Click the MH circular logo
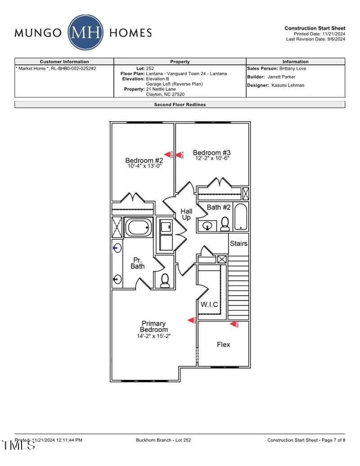click(x=85, y=32)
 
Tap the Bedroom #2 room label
click(x=144, y=161)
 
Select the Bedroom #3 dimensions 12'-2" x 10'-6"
click(x=212, y=158)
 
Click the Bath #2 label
click(x=219, y=207)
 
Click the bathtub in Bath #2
click(x=240, y=217)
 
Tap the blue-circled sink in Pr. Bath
click(x=117, y=248)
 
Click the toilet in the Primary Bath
click(x=165, y=281)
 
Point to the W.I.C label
click(x=209, y=305)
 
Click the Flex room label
click(x=223, y=344)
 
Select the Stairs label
click(x=238, y=244)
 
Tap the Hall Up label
click(x=186, y=214)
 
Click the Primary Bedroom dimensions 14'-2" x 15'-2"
click(x=154, y=336)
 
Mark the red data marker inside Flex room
click(x=234, y=324)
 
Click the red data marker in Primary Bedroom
click(x=192, y=320)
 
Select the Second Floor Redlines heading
click(x=180, y=104)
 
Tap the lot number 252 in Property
click(x=150, y=68)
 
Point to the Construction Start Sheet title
click(x=315, y=28)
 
